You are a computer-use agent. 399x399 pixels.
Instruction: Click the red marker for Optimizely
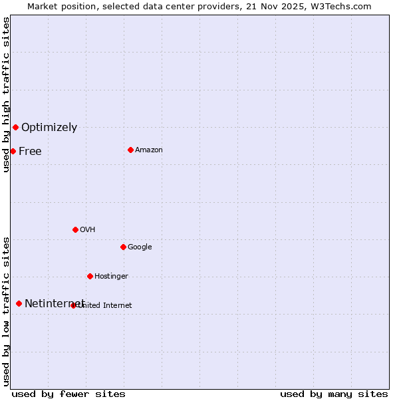point(15,127)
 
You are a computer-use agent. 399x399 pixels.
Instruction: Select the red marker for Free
point(13,151)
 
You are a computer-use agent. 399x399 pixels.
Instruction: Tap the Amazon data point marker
point(130,150)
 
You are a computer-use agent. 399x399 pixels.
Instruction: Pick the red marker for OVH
point(75,229)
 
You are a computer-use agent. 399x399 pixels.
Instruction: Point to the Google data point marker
point(123,247)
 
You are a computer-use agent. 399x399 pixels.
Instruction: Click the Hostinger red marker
point(90,276)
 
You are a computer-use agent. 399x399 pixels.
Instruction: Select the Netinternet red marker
point(19,303)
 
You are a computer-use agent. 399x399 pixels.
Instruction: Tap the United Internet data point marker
point(73,305)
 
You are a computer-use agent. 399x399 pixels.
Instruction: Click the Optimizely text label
point(49,128)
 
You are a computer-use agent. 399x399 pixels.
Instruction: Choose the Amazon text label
point(149,150)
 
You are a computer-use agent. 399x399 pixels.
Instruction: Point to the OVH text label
point(88,230)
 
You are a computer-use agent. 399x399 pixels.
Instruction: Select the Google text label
point(140,247)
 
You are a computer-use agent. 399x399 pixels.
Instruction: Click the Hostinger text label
point(111,277)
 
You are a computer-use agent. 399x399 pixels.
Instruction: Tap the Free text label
point(30,152)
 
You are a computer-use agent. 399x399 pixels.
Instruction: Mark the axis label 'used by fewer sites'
point(68,394)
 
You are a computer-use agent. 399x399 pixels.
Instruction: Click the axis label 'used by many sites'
point(334,394)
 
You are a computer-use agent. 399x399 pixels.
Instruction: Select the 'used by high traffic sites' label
point(6,95)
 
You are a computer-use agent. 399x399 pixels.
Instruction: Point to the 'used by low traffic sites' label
point(6,311)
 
